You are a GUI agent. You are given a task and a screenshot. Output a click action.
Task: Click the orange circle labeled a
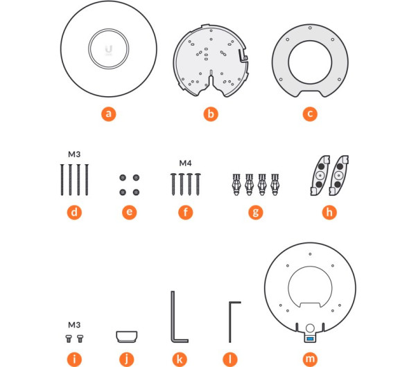point(109,114)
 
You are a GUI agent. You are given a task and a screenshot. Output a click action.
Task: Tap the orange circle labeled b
point(211,114)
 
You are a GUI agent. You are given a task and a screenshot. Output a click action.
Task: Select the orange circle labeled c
point(310,114)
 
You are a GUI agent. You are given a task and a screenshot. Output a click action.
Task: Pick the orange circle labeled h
point(329,213)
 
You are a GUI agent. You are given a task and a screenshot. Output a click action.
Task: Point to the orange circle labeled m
point(310,359)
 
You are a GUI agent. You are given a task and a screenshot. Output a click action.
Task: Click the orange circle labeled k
point(180,359)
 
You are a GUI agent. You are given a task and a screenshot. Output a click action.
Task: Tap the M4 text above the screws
point(185,163)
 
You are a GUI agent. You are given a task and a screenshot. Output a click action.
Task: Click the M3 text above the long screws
point(74,154)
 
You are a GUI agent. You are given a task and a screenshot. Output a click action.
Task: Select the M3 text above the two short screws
point(74,325)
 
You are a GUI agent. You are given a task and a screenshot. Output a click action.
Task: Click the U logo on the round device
point(109,49)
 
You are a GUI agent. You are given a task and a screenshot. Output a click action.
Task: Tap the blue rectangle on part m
point(310,339)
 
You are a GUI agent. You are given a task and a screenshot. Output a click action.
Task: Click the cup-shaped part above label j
point(127,337)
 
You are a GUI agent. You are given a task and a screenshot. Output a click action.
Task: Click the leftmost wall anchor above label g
point(236,184)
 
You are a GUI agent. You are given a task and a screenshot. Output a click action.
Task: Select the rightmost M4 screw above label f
point(198,184)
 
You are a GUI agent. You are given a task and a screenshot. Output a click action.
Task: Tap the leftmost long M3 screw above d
point(62,180)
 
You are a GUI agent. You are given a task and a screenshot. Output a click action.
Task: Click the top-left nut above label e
point(123,177)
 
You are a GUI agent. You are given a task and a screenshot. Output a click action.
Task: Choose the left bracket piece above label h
point(320,175)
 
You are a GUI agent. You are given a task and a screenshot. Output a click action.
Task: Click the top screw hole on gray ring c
point(310,28)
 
